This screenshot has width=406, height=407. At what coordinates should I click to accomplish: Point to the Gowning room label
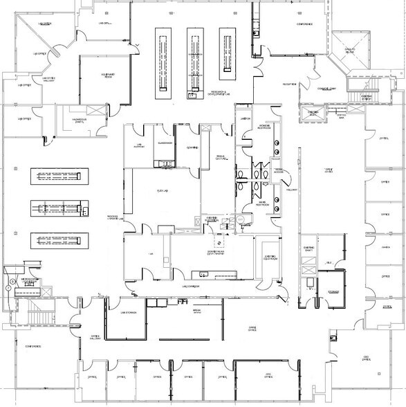[x=192, y=147]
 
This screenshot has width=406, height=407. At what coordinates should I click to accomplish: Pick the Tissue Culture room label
[x=221, y=158]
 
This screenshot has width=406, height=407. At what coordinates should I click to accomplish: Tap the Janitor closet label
[x=244, y=119]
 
